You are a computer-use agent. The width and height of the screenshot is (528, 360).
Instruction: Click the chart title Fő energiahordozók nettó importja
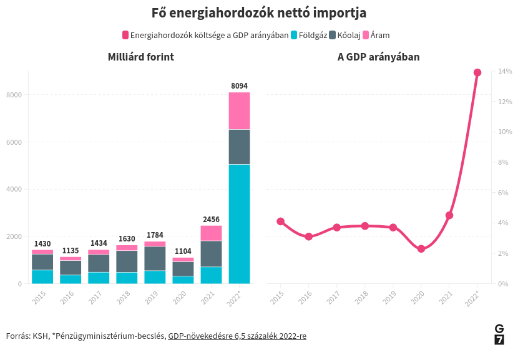[x=259, y=13]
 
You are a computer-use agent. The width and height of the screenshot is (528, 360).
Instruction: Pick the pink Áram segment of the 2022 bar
[x=239, y=111]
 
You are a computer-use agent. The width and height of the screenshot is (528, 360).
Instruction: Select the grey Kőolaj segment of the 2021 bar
[x=211, y=253]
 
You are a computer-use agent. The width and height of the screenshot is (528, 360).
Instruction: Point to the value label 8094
[x=239, y=85]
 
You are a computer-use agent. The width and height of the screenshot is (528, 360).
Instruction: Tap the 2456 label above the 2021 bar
[x=211, y=220]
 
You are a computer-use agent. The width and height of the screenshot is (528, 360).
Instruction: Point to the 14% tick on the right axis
[x=505, y=72]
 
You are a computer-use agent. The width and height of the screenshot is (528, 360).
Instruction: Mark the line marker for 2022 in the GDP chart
[x=477, y=72]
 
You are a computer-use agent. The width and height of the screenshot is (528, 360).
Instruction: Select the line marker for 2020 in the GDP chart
[x=421, y=249]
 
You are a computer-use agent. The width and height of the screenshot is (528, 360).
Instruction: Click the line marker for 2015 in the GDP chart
[x=281, y=221]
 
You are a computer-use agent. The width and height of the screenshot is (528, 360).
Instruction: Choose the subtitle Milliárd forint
[x=140, y=57]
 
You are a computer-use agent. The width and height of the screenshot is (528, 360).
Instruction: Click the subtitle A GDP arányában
[x=378, y=57]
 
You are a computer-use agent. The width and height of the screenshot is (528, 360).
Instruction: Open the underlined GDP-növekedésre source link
[x=237, y=336]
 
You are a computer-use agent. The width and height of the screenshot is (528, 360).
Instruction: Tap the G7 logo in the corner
[x=499, y=334]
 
